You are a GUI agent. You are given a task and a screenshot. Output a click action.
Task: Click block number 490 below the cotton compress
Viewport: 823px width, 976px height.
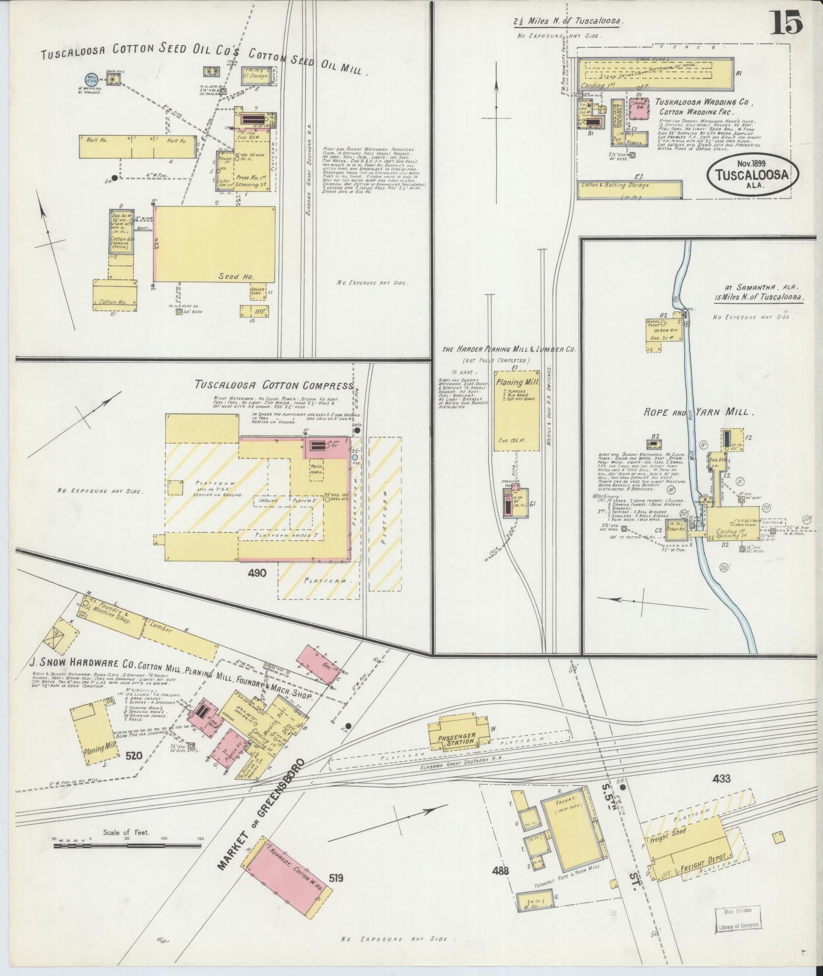[x=257, y=573]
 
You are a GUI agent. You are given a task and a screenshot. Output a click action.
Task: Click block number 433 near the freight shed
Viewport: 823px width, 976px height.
[x=722, y=793]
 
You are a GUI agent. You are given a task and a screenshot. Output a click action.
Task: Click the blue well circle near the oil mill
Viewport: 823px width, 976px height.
[x=92, y=79]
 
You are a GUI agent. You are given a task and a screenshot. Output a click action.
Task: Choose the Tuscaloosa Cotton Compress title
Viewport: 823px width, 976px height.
[x=273, y=385]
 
